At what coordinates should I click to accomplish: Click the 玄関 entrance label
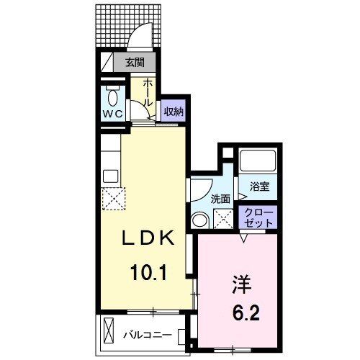(135, 63)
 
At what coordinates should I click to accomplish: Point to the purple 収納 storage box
(172, 112)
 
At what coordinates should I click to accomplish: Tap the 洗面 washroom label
(220, 198)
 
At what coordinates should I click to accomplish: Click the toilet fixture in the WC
(112, 96)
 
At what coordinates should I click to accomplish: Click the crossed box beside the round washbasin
(225, 218)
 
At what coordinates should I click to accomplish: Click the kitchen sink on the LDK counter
(109, 175)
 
